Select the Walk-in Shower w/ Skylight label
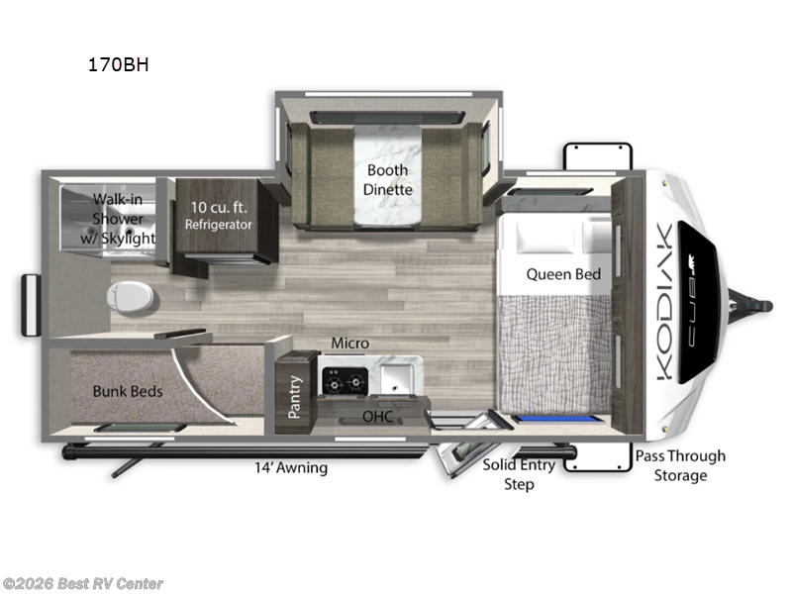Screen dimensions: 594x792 [x=124, y=218]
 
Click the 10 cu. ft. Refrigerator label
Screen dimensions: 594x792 [x=218, y=216]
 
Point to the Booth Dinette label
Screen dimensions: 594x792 [x=387, y=179]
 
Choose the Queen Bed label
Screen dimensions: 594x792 [x=563, y=273]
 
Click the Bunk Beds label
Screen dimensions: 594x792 [x=128, y=391]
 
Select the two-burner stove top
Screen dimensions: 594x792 [x=345, y=379]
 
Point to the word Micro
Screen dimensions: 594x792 [x=349, y=343]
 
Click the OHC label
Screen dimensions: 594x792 [x=376, y=418]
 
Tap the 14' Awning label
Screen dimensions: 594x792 [x=290, y=467]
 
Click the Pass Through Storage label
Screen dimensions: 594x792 [x=680, y=465]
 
